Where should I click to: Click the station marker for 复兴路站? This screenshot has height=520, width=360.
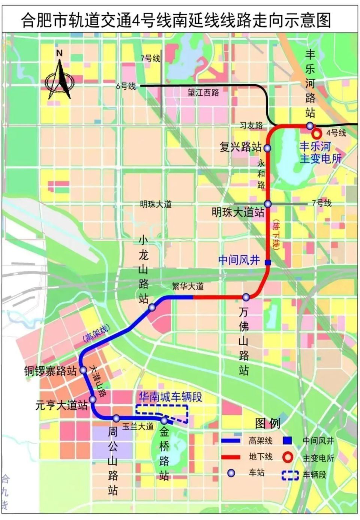pyautogui.click(x=267, y=148)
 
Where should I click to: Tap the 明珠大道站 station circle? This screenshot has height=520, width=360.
pyautogui.click(x=268, y=204)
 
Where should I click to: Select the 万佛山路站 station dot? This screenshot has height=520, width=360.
pyautogui.click(x=246, y=297)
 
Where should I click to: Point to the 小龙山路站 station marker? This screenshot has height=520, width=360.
pyautogui.click(x=152, y=308)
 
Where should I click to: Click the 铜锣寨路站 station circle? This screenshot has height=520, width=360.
pyautogui.click(x=83, y=370)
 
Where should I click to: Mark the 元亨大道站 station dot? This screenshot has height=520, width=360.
pyautogui.click(x=93, y=399)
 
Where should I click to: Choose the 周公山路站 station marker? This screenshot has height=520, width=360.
pyautogui.click(x=116, y=418)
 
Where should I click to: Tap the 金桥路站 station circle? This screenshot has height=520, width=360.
pyautogui.click(x=164, y=420)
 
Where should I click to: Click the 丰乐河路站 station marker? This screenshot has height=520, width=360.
pyautogui.click(x=309, y=126)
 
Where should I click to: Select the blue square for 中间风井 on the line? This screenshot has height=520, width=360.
pyautogui.click(x=268, y=262)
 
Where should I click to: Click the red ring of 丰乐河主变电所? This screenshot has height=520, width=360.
pyautogui.click(x=317, y=134)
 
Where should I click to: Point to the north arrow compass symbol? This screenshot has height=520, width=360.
pyautogui.click(x=59, y=79)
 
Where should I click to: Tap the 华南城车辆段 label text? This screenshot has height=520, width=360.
pyautogui.click(x=171, y=397)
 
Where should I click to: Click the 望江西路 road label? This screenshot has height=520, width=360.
pyautogui.click(x=203, y=92)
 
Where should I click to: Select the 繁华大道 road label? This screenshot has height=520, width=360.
pyautogui.click(x=187, y=286)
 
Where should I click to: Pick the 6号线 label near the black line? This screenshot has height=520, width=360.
pyautogui.click(x=126, y=86)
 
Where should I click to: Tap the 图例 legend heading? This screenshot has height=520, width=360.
pyautogui.click(x=267, y=423)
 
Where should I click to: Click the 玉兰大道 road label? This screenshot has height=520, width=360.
pyautogui.click(x=138, y=427)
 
